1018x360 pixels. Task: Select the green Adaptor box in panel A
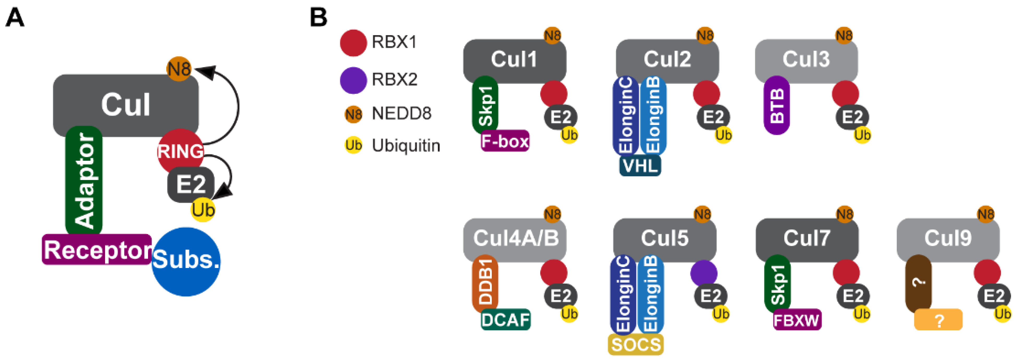coord(84,180)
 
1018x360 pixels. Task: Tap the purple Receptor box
coord(97,250)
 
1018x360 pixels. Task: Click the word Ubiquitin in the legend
coord(406,146)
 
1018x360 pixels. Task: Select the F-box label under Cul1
coord(505,141)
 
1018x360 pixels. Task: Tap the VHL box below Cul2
coord(640,166)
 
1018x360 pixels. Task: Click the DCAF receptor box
coord(505,320)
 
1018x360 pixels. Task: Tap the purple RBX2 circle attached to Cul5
coord(704,273)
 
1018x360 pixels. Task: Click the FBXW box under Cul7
coord(797,320)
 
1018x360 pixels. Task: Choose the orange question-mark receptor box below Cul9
coord(938,320)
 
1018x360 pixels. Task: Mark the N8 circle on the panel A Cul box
coord(179,69)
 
